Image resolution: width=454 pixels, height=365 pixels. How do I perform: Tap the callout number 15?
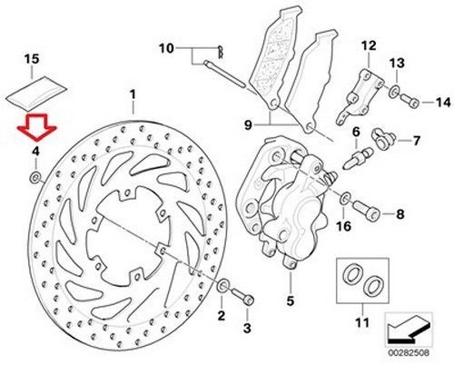click(x=32, y=59)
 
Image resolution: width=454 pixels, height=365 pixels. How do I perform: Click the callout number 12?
click(x=368, y=44)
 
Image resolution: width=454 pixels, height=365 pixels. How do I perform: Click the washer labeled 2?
click(x=222, y=289)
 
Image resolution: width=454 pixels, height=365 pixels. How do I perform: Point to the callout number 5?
click(x=290, y=301)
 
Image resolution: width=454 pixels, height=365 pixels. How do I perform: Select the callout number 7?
click(x=417, y=141)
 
